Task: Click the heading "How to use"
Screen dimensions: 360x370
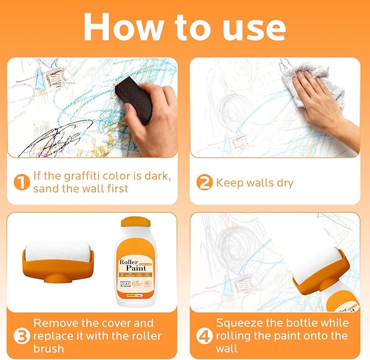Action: pos(185,25)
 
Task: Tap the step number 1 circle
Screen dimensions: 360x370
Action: pos(21,183)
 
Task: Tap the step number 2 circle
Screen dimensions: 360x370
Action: pos(204,183)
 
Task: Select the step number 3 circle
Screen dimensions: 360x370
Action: pos(21,336)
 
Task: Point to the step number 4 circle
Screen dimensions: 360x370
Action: pos(204,336)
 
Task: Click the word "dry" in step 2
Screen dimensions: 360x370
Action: pos(283,183)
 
